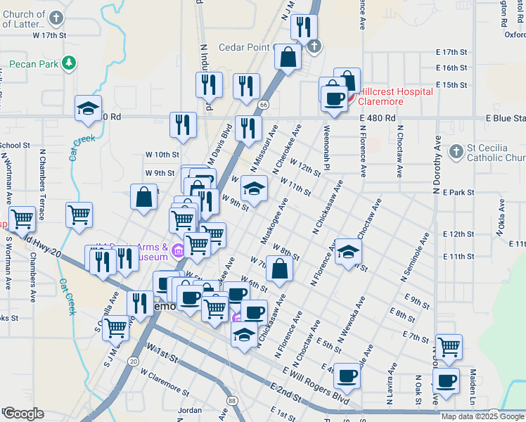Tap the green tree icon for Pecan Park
click(69, 64)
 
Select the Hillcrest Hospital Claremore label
click(394, 96)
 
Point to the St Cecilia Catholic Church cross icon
click(456, 151)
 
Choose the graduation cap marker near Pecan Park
click(89, 108)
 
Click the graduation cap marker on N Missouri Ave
click(254, 188)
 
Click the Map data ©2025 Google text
click(482, 416)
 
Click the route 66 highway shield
click(263, 104)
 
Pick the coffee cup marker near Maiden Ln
click(445, 381)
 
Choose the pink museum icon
click(179, 251)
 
